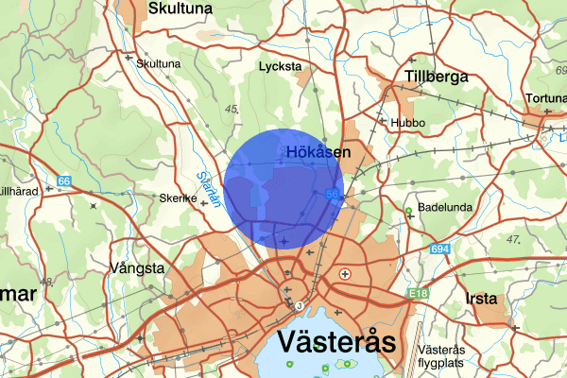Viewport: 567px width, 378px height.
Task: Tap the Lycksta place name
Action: pyautogui.click(x=280, y=67)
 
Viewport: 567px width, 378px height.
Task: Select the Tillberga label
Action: pyautogui.click(x=436, y=76)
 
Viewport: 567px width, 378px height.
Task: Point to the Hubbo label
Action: pyautogui.click(x=407, y=123)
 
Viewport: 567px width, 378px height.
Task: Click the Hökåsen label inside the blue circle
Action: pyautogui.click(x=318, y=151)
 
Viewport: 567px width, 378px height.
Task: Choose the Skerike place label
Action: pyautogui.click(x=178, y=199)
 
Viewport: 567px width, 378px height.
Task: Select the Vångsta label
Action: pyautogui.click(x=138, y=268)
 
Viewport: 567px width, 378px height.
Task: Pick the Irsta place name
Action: pyautogui.click(x=482, y=299)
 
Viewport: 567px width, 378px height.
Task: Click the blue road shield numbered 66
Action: pyautogui.click(x=64, y=180)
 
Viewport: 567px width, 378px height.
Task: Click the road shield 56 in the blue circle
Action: pyautogui.click(x=333, y=194)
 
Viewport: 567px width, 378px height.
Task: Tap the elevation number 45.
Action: pyautogui.click(x=232, y=110)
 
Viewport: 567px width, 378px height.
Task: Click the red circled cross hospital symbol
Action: pyautogui.click(x=346, y=273)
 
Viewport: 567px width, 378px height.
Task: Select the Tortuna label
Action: pyautogui.click(x=545, y=98)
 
